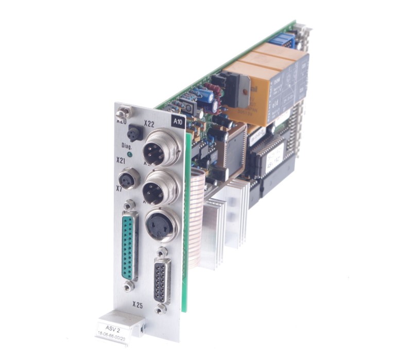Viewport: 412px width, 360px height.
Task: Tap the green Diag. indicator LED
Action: [x=129, y=153]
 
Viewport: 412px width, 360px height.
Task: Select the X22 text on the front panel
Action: [x=150, y=123]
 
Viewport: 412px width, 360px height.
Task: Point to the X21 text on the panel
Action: [x=121, y=161]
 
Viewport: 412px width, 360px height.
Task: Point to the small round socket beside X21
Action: [x=127, y=180]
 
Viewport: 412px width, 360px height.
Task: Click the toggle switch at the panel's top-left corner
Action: [x=122, y=112]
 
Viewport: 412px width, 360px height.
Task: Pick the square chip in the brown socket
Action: [x=234, y=146]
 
